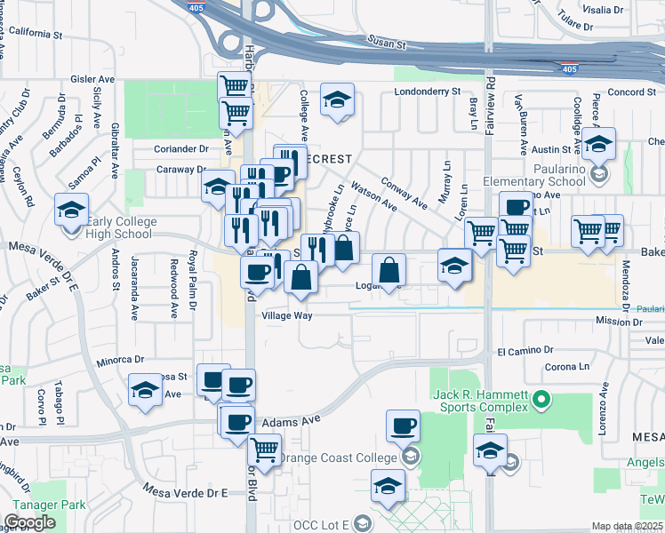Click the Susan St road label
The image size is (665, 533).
pyautogui.click(x=388, y=43)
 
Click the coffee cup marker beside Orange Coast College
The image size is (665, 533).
pyautogui.click(x=403, y=426)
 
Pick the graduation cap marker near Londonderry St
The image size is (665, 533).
pyautogui.click(x=337, y=99)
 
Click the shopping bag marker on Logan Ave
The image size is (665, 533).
pyautogui.click(x=389, y=269)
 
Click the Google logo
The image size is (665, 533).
pyautogui.click(x=29, y=522)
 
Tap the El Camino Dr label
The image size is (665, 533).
pyautogui.click(x=519, y=351)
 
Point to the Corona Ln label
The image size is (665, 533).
pyautogui.click(x=566, y=366)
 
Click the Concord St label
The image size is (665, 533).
pyautogui.click(x=632, y=91)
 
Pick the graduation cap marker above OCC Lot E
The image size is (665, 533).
pyautogui.click(x=387, y=485)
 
